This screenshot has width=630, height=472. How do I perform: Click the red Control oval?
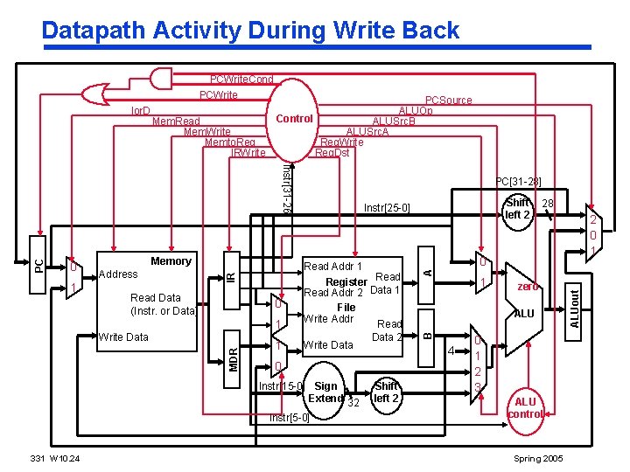[x=294, y=119]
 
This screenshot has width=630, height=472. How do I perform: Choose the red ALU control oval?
[x=526, y=407]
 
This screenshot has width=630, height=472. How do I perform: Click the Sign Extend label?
[x=327, y=392]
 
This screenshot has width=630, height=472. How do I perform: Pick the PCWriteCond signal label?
[x=241, y=80]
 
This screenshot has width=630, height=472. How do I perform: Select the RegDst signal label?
[x=332, y=153]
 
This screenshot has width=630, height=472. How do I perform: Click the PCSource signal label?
[x=448, y=101]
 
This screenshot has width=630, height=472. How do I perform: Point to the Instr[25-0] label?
[x=385, y=208]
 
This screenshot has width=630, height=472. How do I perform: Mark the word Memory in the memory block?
[x=171, y=261]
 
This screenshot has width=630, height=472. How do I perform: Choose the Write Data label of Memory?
[x=123, y=337]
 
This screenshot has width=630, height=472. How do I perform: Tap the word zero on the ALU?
[x=527, y=287]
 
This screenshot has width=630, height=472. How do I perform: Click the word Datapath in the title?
[x=94, y=31]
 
